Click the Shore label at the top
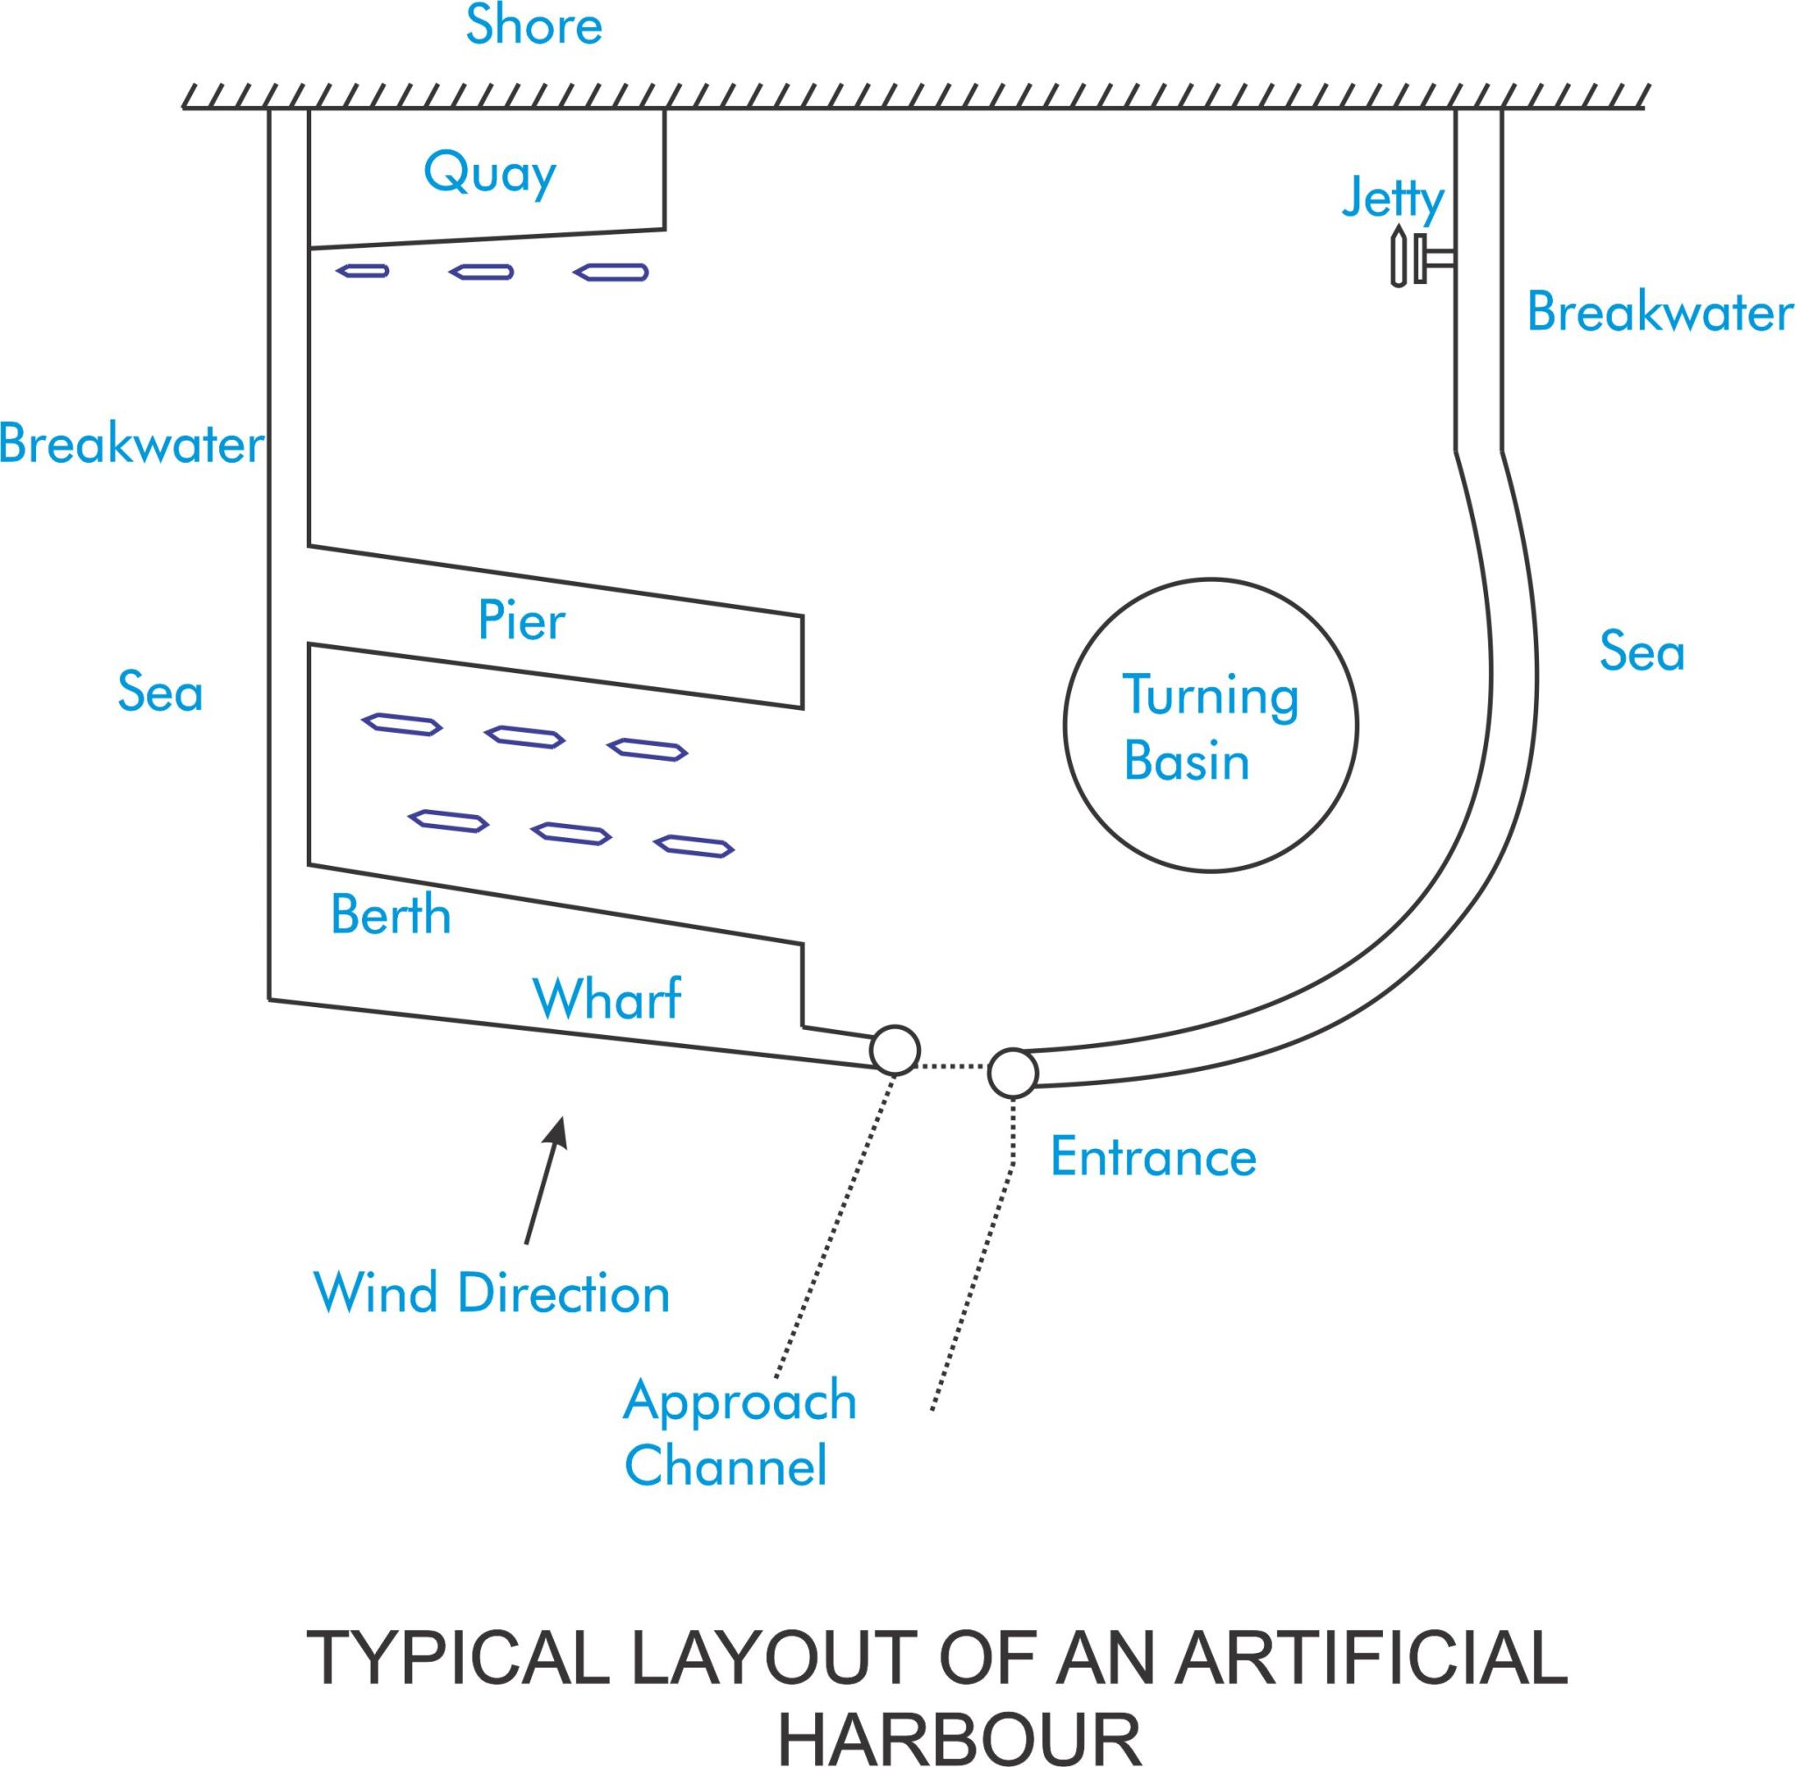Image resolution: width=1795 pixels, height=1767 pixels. [534, 26]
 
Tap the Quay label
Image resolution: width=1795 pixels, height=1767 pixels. [489, 174]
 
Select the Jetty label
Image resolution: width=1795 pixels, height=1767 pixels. [1392, 199]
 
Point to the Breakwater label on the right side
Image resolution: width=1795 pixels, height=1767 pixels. [1658, 313]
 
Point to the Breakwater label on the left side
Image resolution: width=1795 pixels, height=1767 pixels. [131, 444]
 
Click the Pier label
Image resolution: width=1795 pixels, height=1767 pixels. [521, 621]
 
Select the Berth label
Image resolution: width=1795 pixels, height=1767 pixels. [391, 916]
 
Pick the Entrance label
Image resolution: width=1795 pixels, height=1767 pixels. [1153, 1157]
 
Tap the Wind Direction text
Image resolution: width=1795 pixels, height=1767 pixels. [492, 1294]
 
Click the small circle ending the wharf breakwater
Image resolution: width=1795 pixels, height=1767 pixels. [895, 1050]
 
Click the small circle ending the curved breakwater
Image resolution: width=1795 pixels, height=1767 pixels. [1011, 1073]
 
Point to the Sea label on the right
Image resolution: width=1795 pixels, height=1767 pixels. [1641, 651]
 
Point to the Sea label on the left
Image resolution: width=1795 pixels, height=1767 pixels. [160, 693]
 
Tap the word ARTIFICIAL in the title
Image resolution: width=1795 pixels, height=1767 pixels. [1370, 1658]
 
